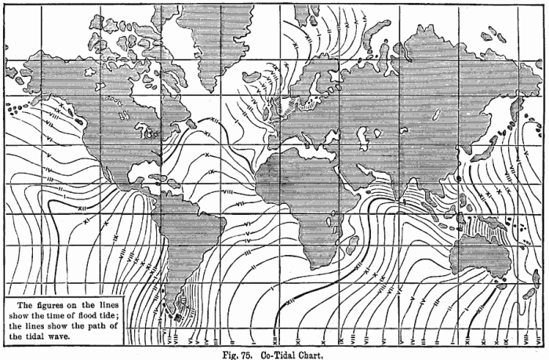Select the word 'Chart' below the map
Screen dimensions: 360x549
click(x=312, y=353)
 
